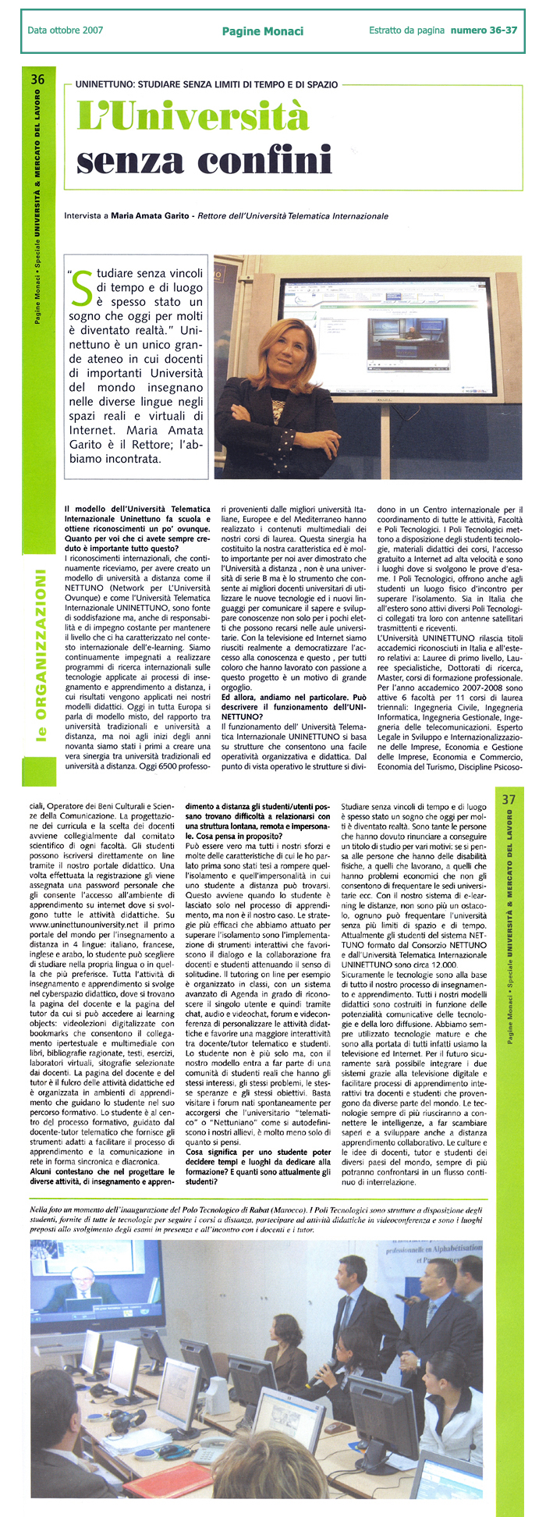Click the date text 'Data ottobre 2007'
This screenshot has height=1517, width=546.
click(65, 30)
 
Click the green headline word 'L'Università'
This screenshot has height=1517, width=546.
click(193, 118)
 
